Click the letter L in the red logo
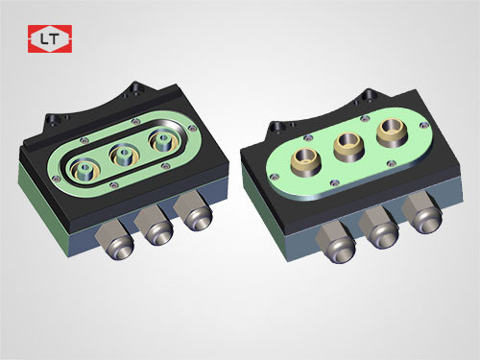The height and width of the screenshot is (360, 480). [x=44, y=39]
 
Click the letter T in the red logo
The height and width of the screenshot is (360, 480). [x=54, y=39]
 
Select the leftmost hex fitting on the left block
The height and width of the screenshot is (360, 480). [x=115, y=240]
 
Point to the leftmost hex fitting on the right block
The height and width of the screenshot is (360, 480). [x=336, y=243]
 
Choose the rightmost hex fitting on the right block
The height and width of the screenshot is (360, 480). [x=422, y=214]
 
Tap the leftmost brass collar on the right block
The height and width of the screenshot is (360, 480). [x=306, y=162]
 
